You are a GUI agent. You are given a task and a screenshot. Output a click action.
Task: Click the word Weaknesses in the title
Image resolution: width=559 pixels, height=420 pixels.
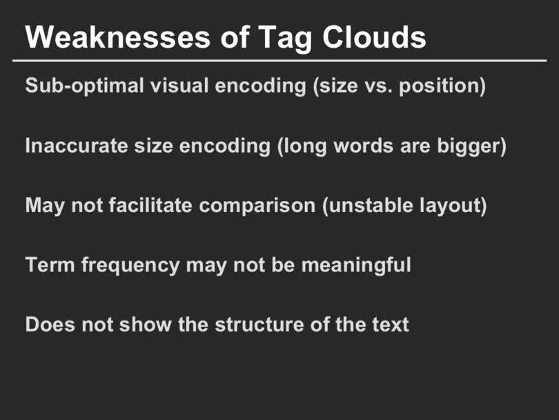(117, 37)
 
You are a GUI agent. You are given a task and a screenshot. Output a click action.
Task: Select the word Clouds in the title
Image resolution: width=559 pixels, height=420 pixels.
(374, 37)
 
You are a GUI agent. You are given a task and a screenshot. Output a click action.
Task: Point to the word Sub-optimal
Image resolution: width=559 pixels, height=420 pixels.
(84, 86)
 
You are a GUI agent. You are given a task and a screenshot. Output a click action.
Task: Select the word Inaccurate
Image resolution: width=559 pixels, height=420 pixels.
(77, 146)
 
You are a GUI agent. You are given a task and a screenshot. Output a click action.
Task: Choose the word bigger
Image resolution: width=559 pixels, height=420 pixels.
(471, 146)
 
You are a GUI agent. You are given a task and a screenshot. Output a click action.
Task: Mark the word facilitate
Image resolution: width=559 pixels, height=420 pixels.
(150, 205)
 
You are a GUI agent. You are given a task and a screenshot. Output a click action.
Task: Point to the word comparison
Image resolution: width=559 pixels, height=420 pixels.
(257, 207)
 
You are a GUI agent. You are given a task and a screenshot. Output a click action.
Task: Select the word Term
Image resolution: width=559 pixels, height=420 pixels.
(50, 265)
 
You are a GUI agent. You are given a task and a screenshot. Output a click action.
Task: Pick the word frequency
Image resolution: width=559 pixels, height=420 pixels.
(130, 266)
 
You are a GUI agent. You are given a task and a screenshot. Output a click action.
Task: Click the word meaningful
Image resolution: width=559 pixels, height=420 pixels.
(356, 266)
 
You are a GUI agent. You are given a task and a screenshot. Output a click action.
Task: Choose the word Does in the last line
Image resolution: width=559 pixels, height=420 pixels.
(50, 325)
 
